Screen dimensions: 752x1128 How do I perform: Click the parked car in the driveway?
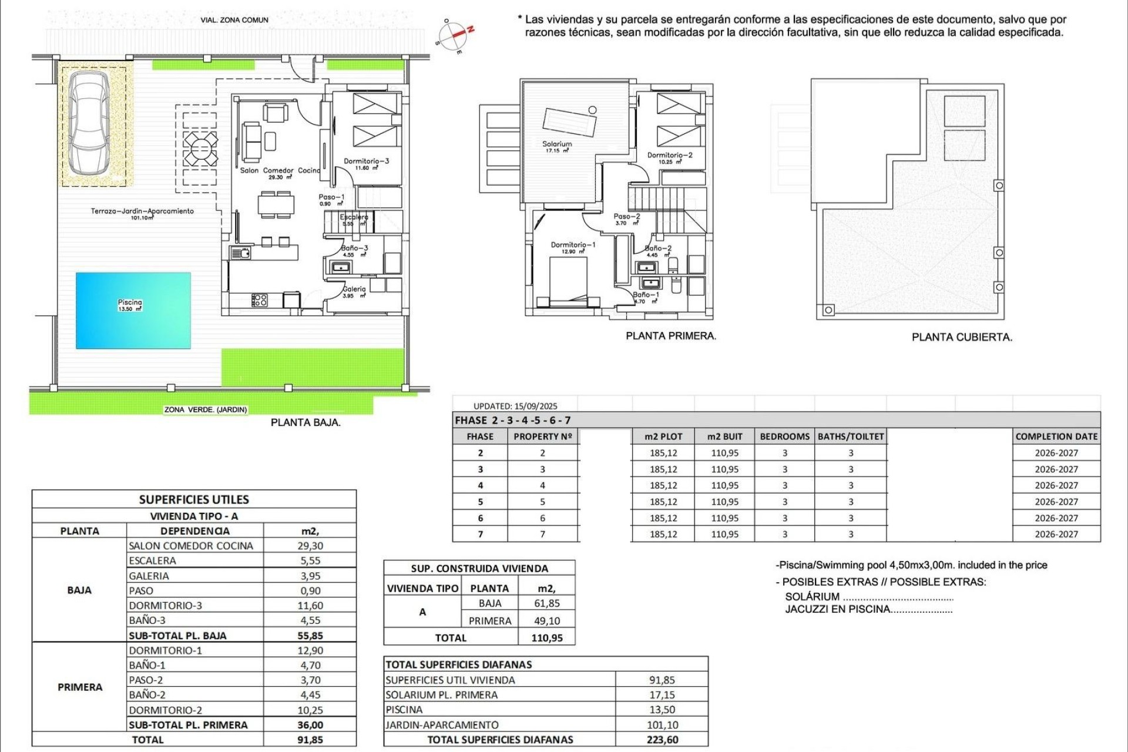coord(89,126)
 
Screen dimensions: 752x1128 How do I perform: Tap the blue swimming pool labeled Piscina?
coord(133,310)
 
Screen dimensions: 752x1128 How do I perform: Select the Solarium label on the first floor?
coord(557,144)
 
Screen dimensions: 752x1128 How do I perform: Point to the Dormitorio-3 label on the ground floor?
coord(366,161)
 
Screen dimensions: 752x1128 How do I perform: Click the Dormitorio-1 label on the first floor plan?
coord(573,245)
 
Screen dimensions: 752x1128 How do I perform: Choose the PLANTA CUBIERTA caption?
coord(962,337)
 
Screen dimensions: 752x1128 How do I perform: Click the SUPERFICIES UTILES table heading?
coord(194,500)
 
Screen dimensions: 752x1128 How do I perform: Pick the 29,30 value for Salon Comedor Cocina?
coord(310,546)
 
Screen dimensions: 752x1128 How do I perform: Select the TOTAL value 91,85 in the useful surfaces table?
coord(310,740)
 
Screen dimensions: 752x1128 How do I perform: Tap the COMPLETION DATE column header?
coord(1056,437)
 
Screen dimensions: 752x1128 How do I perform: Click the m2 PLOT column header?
coord(663,437)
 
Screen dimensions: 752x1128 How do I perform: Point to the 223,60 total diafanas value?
coord(662,740)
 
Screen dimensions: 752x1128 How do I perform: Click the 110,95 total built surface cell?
coord(546,638)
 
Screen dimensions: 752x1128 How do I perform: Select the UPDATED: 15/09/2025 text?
coord(515,406)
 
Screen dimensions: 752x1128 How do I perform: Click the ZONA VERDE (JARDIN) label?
coord(206,409)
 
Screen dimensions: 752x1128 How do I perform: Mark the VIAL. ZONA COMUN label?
coord(234,20)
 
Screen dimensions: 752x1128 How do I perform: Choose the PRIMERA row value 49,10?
coord(546,621)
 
